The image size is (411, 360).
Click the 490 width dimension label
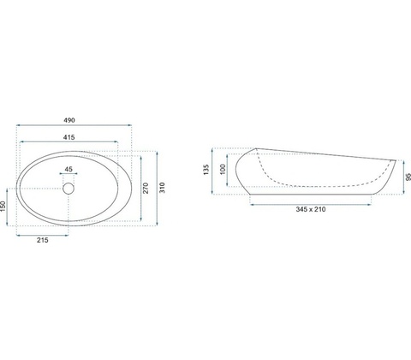(x=69, y=120)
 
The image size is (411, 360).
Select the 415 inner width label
(x=69, y=137)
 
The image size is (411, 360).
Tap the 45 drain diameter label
(x=68, y=169)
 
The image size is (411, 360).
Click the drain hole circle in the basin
(x=68, y=189)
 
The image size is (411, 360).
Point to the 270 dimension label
(x=146, y=188)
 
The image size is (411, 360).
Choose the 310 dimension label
(x=162, y=188)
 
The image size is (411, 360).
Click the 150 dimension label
(x=3, y=207)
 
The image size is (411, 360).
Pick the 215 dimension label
(x=43, y=240)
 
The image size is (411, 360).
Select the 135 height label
(x=206, y=170)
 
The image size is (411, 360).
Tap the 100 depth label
(x=223, y=169)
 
